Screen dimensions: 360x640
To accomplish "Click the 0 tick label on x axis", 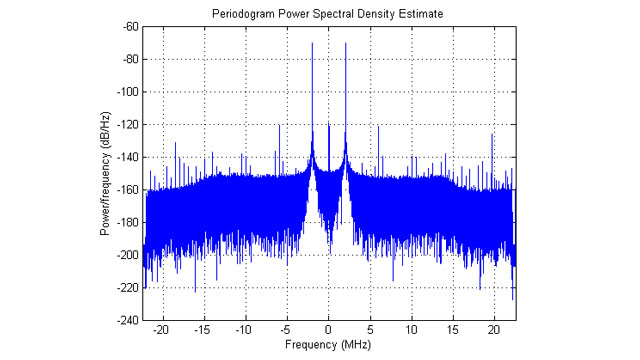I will coord(329,329).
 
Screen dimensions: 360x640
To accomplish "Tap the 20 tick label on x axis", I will coord(494,329).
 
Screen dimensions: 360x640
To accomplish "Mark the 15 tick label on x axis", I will coord(453,329).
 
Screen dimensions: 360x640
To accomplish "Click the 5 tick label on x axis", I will coord(371,329).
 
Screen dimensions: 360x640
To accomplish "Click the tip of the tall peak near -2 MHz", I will coord(313,43).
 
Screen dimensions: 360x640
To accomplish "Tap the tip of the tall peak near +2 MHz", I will coord(345,43).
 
